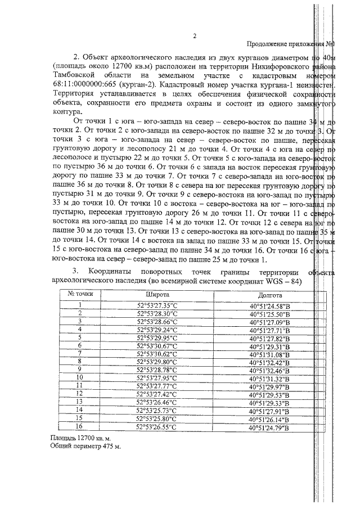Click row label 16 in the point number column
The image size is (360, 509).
pyautogui.click(x=80, y=428)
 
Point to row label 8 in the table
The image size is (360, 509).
pyautogui.click(x=80, y=362)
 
